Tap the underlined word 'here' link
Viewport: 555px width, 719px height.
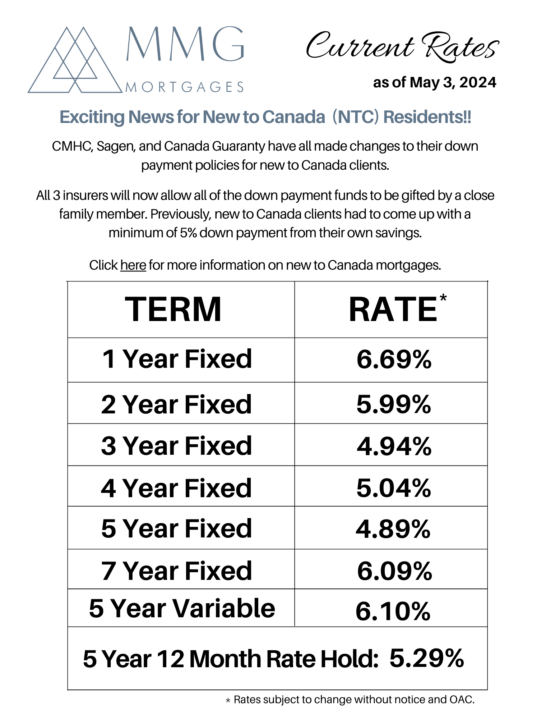click(x=133, y=265)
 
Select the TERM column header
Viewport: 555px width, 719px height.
click(x=173, y=310)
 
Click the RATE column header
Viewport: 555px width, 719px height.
click(x=393, y=310)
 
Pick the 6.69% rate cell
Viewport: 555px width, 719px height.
click(x=394, y=359)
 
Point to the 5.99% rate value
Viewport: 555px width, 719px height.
click(x=394, y=404)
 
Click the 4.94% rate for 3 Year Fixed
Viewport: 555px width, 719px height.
click(x=394, y=446)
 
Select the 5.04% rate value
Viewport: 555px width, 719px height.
click(x=394, y=488)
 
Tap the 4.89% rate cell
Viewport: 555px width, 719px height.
click(x=393, y=529)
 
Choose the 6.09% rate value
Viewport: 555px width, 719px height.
click(x=394, y=571)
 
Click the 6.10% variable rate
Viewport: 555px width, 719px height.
click(x=393, y=611)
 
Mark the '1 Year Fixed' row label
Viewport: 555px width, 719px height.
click(x=177, y=359)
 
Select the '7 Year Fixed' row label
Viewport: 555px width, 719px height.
click(x=176, y=571)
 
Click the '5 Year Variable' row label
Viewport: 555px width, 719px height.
click(x=182, y=609)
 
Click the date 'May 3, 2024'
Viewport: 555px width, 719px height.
click(x=453, y=83)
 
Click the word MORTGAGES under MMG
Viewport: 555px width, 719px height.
click(x=184, y=87)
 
